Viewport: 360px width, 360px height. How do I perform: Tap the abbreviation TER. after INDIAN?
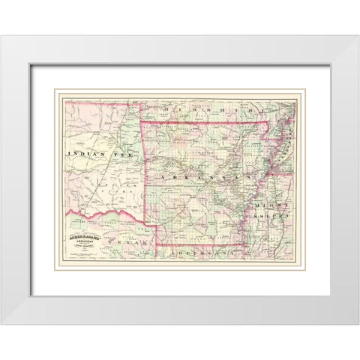(x=122, y=153)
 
